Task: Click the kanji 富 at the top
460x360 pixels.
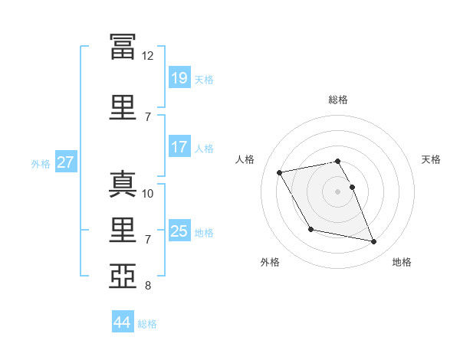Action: click(123, 45)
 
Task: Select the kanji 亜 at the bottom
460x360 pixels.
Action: click(123, 275)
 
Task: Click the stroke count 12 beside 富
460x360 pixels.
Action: click(147, 56)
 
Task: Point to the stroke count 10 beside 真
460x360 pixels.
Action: click(148, 193)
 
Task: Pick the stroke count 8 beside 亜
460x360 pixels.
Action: click(148, 286)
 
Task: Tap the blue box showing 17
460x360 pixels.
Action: click(179, 147)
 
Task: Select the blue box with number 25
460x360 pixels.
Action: click(179, 231)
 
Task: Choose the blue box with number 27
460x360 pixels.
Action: click(65, 162)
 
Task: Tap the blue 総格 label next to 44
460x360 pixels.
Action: click(148, 324)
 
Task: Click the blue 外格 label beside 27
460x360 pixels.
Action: click(41, 163)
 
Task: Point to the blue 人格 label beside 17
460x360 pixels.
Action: click(204, 148)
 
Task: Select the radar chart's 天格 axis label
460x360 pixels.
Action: click(432, 159)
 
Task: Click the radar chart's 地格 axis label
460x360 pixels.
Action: click(402, 262)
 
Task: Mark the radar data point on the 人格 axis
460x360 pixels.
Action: click(280, 172)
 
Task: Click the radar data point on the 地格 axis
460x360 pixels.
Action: click(374, 242)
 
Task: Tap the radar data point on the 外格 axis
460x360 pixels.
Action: click(310, 229)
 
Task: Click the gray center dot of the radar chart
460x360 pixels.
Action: click(337, 191)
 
